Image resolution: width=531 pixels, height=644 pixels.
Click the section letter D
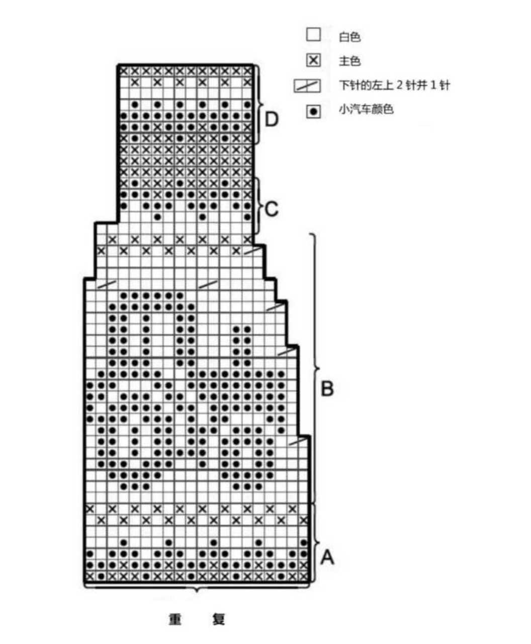click(x=272, y=119)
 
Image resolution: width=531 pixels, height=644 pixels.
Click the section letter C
click(x=272, y=209)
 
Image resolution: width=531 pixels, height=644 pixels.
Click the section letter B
click(x=327, y=388)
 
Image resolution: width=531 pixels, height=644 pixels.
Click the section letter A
click(x=327, y=557)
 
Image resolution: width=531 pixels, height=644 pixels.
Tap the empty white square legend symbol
click(x=313, y=35)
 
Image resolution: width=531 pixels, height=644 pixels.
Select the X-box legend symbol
click(x=313, y=60)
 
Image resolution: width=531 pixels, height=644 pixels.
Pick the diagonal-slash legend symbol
click(x=307, y=86)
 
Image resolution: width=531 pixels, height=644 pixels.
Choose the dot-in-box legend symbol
click(x=313, y=111)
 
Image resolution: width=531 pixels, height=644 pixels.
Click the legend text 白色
click(x=349, y=37)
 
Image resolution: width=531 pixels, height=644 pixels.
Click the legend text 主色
click(x=349, y=61)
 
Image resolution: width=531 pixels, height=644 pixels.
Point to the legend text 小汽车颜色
click(x=366, y=109)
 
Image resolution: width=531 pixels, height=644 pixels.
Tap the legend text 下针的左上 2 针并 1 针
click(x=394, y=85)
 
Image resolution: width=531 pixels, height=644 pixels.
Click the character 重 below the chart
click(x=175, y=619)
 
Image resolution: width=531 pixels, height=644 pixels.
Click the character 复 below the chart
click(x=219, y=619)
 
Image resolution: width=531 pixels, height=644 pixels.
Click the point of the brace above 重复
click(x=197, y=592)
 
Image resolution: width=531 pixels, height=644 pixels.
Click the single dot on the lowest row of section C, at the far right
click(x=247, y=217)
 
